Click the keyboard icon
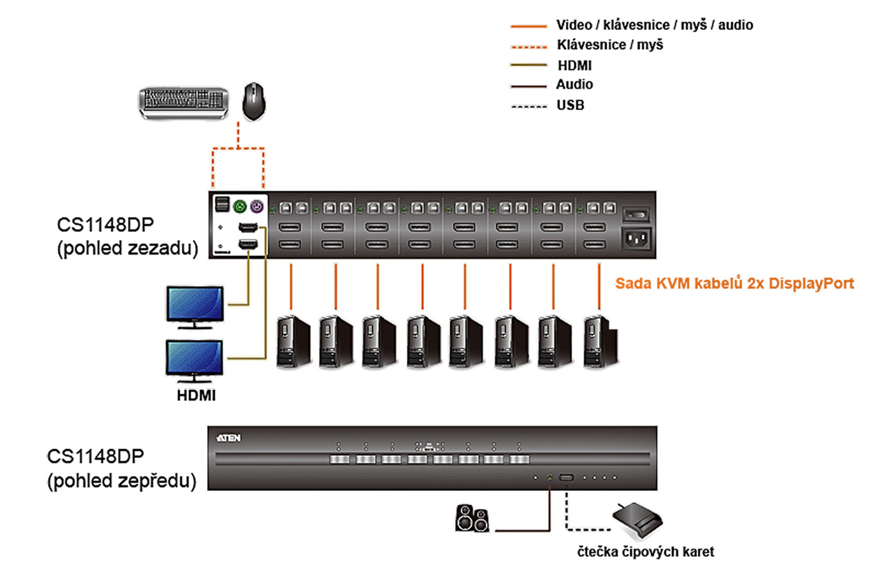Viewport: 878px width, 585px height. coord(183,102)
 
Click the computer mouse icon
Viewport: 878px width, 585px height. coord(254,101)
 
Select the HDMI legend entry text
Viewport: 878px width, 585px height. coord(574,65)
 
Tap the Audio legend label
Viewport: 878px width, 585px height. coord(574,85)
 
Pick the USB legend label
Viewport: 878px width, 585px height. coord(570,105)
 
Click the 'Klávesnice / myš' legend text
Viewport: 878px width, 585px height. coord(610,45)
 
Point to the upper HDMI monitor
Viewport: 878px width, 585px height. coord(195,306)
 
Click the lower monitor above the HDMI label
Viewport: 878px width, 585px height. coord(194,360)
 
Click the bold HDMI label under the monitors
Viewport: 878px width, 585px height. coord(196,396)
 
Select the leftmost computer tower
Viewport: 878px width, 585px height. coord(293,341)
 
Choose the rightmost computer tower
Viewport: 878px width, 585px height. coord(600,341)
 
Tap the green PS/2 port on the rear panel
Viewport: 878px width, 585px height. coord(240,206)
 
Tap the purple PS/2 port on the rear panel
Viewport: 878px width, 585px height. coord(257,206)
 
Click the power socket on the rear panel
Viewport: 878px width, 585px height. coord(636,238)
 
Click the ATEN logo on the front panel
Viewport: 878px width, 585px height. coord(228,438)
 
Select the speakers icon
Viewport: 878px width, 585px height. coord(472,519)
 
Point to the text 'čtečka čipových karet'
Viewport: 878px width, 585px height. coord(645,552)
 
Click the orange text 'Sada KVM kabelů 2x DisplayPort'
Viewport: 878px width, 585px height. coord(734,284)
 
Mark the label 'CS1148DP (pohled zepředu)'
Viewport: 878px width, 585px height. coord(122,468)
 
